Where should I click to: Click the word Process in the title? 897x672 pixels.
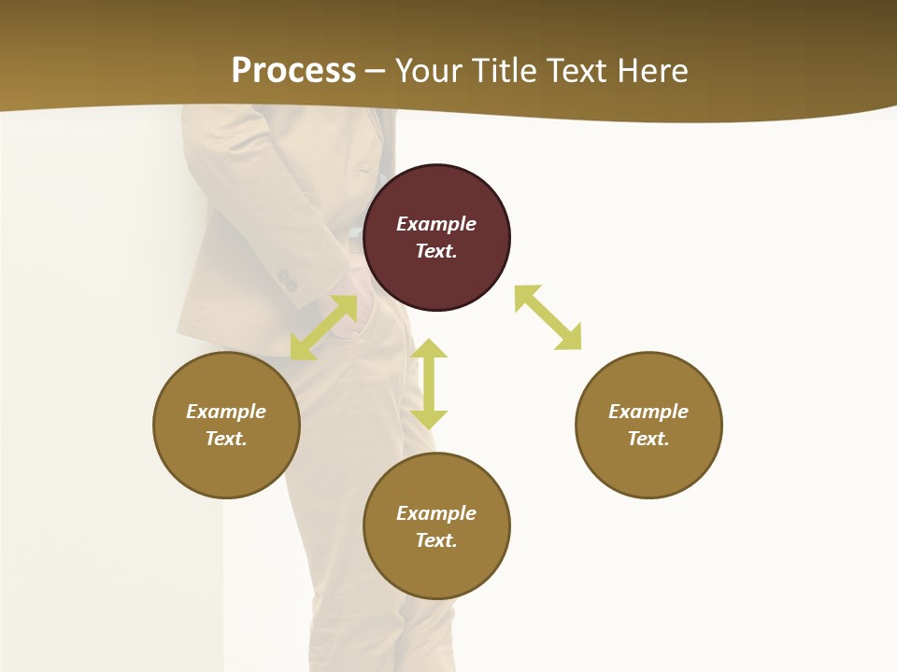point(293,71)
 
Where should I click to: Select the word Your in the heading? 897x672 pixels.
point(429,71)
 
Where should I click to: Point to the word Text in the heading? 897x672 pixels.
point(574,71)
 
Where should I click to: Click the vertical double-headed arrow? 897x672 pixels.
point(429,384)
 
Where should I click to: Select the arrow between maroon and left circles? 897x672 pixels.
point(323,328)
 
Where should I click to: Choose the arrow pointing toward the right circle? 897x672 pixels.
point(548,317)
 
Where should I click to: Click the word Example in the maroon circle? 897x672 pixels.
point(436,224)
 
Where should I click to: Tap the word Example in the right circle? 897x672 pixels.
point(648,412)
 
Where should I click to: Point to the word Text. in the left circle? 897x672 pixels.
point(226,439)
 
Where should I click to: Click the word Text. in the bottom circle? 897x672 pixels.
point(436,540)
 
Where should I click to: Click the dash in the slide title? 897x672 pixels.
point(376,71)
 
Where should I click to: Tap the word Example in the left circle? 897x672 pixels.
point(226,412)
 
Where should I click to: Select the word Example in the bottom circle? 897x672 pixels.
point(436,513)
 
